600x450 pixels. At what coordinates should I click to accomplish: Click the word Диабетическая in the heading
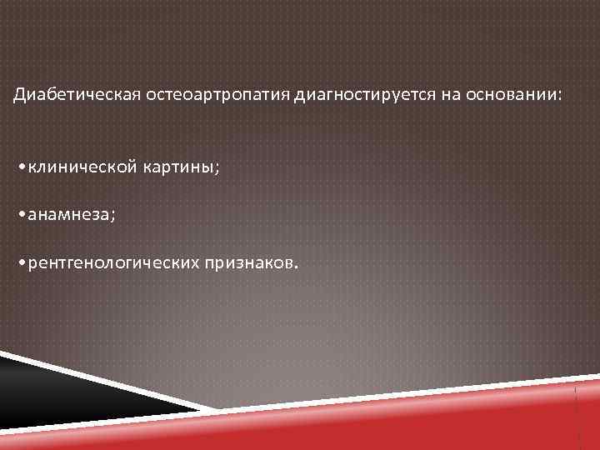coord(66,95)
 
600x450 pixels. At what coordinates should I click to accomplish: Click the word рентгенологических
coord(113,263)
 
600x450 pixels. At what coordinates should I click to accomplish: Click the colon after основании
coord(561,97)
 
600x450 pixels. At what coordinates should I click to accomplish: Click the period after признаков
coord(292,267)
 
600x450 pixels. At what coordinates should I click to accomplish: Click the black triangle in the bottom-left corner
coord(50,392)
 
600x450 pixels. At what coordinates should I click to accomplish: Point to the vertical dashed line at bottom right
coord(577,412)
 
